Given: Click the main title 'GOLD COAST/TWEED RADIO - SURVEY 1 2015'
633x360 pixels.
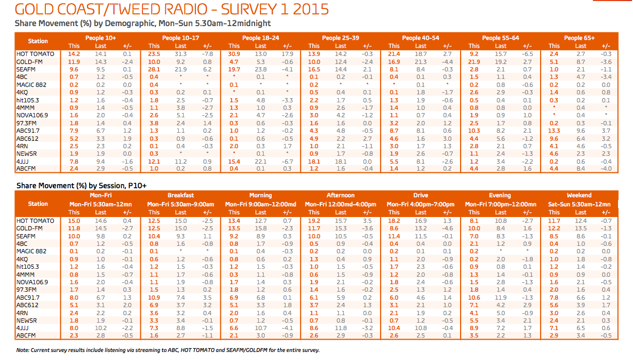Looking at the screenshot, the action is tap(171, 9).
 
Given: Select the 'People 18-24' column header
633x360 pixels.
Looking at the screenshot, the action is tap(260, 38).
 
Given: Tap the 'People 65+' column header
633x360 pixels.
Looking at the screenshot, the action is tap(579, 38).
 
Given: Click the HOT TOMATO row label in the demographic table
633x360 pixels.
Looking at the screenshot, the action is tap(35, 54).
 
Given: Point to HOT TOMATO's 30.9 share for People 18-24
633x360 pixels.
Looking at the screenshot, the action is tap(234, 54).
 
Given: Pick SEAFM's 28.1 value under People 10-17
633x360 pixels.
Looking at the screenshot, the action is tap(154, 69).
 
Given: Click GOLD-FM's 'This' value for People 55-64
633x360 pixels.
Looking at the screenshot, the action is tap(474, 62).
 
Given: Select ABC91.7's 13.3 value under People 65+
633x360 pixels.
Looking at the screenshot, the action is tap(554, 131).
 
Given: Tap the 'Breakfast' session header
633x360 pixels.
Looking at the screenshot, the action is tap(180, 195).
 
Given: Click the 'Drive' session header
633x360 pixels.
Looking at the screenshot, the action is tap(421, 195).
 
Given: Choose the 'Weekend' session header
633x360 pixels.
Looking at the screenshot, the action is tap(579, 195).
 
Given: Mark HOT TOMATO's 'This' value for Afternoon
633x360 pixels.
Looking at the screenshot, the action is tap(314, 221).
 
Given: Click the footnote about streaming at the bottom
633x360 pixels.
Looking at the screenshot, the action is tap(168, 350).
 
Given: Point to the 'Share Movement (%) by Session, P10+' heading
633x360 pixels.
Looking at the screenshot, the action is tap(82, 186).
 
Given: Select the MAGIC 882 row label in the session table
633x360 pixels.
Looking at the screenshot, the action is tap(31, 251).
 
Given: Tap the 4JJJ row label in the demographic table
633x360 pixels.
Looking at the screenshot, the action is tap(22, 162).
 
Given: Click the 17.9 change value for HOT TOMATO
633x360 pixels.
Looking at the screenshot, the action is tap(288, 54).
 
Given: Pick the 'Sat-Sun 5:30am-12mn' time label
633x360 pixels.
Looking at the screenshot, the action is tap(579, 204).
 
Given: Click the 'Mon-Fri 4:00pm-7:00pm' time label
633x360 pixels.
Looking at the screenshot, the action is tap(421, 204).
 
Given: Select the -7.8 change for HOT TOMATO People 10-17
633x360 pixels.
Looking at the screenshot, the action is tap(207, 54).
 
